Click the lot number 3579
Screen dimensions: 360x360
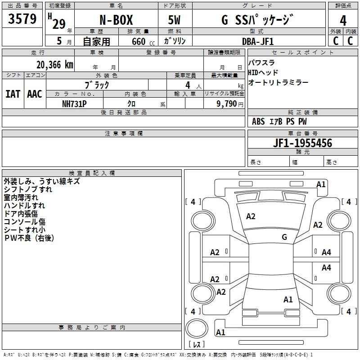pos(22,19)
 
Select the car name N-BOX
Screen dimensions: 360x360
pos(115,21)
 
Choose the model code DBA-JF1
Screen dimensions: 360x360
pos(258,41)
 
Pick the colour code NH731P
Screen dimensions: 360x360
pos(74,103)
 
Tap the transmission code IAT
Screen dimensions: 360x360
pos(13,94)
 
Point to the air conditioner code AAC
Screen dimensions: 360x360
pos(34,94)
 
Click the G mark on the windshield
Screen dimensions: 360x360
pos(284,237)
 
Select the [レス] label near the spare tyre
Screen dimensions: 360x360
pos(197,345)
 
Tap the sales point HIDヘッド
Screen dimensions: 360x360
pos(263,72)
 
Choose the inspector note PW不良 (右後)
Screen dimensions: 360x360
pos(29,238)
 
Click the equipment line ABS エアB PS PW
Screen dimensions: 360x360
pos(279,121)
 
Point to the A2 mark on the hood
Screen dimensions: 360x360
pos(251,216)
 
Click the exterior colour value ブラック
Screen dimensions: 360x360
pos(97,84)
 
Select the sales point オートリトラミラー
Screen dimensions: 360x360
pos(278,82)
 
